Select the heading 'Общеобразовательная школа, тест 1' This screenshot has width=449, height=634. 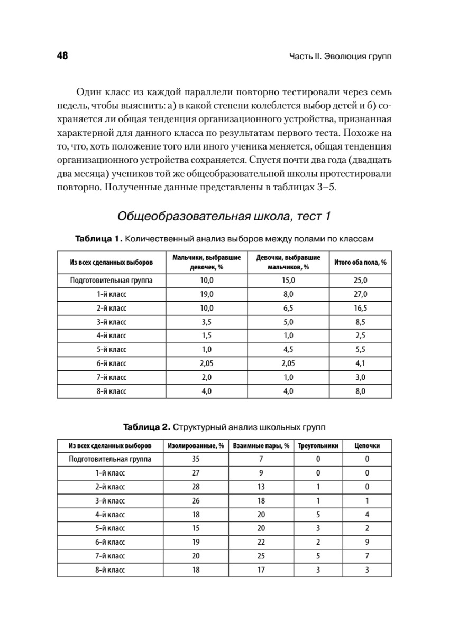(224, 216)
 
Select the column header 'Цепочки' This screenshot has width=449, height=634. (366, 445)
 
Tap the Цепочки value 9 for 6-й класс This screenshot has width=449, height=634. (366, 542)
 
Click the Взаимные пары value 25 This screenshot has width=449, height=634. (261, 556)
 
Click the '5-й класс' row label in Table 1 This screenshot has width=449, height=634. (111, 350)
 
